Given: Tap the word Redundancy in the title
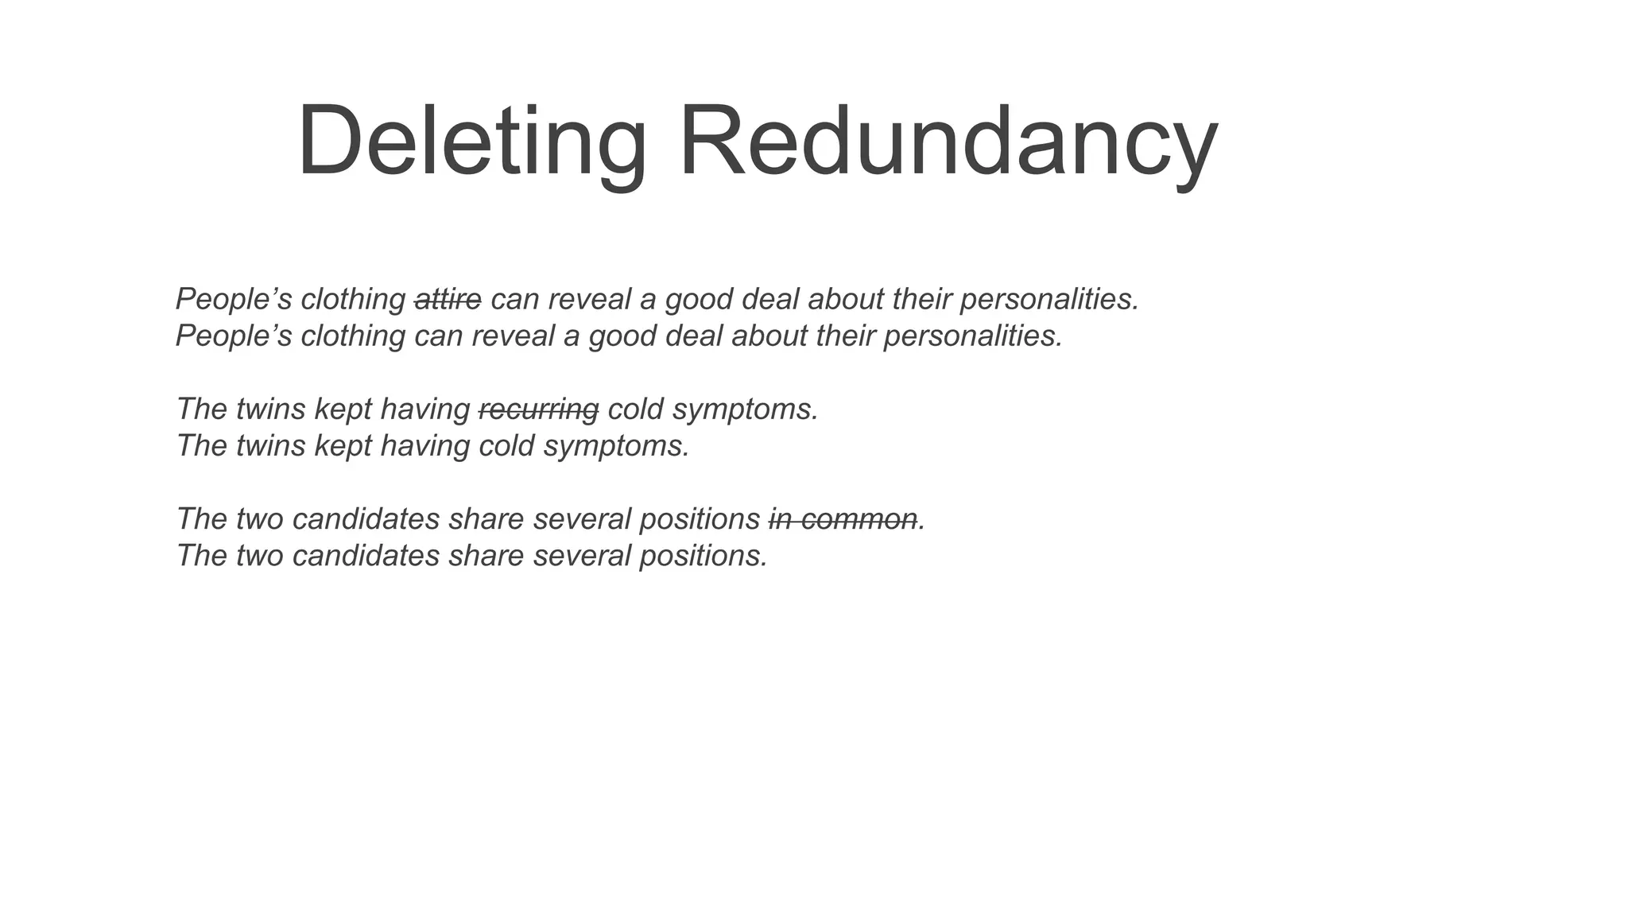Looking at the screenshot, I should [x=948, y=142].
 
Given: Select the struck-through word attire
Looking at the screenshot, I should [x=448, y=300].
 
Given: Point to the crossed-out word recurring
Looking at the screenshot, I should [x=538, y=409].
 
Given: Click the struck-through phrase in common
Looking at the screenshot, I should [x=843, y=519].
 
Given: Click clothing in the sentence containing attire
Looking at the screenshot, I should [x=353, y=300].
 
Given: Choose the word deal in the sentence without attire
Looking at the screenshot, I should [x=693, y=336].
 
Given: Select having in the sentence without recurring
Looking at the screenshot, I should [x=425, y=446].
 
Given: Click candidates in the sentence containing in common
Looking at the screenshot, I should [x=366, y=519].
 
